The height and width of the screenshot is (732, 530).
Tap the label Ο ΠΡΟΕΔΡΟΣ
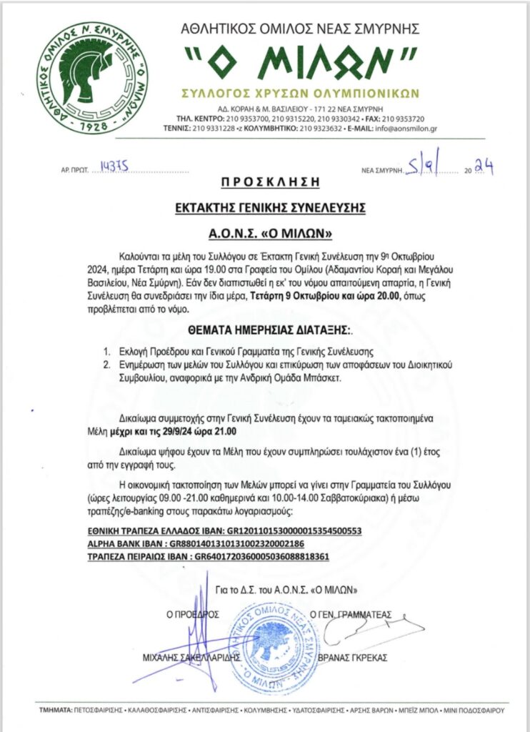(x=192, y=614)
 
